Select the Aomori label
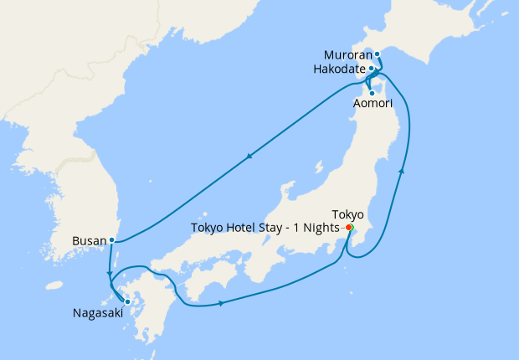[x=370, y=102]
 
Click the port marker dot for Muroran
[x=377, y=54]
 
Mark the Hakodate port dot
[x=371, y=69]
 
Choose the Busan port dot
[x=111, y=240]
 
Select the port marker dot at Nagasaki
[x=127, y=301]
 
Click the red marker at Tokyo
[x=348, y=227]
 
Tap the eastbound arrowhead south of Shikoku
[x=221, y=303]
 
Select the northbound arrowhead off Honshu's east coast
[x=402, y=171]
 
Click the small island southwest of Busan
[x=54, y=285]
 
